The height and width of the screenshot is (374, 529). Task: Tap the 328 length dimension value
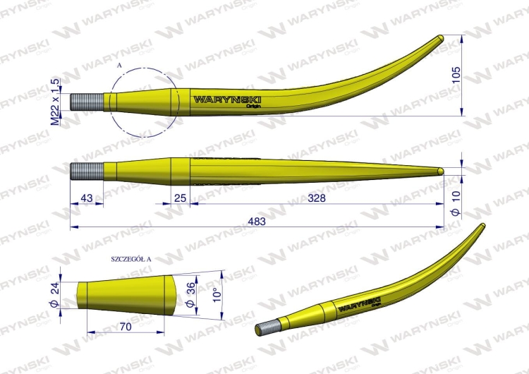click(317, 199)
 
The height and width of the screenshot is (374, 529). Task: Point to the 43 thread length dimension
click(87, 199)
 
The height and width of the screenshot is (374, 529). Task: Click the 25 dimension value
click(180, 199)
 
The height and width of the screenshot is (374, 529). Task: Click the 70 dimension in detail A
click(126, 327)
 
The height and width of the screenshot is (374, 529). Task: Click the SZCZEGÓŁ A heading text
click(131, 259)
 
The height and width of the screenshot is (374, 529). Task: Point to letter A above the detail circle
click(120, 64)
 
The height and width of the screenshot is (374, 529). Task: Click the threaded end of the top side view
click(87, 103)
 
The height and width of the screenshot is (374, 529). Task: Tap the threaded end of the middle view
click(87, 170)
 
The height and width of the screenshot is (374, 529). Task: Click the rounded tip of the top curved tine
click(440, 38)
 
